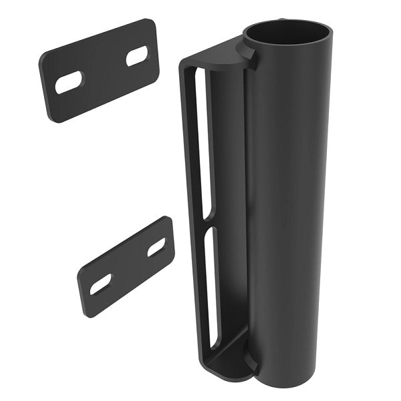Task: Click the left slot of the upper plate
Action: click(69, 82)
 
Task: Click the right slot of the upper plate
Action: click(137, 55)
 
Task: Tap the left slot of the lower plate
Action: click(101, 283)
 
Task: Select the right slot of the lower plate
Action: click(156, 247)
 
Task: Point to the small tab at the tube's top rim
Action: click(251, 57)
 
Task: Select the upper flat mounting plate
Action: click(100, 70)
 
